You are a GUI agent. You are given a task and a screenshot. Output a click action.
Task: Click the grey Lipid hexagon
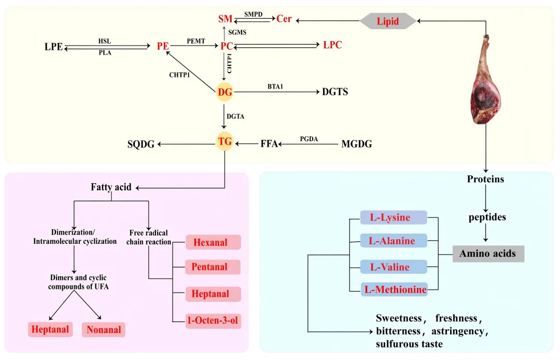(x=388, y=21)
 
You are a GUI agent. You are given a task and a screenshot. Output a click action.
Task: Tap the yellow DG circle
(x=225, y=92)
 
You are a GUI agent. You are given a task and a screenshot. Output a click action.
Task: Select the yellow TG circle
(x=225, y=142)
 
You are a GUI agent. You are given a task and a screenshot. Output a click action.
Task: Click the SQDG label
(x=141, y=144)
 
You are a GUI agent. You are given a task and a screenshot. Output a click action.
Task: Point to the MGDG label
(x=356, y=144)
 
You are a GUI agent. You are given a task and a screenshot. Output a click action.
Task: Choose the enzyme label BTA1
(x=275, y=87)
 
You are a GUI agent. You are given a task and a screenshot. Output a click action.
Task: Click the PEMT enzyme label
(x=196, y=41)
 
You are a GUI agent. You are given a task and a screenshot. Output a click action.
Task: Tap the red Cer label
(x=284, y=19)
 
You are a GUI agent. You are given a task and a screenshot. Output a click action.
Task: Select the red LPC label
(x=332, y=45)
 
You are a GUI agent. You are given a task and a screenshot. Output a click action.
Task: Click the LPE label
(x=53, y=47)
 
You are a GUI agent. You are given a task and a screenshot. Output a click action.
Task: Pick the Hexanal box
(x=213, y=242)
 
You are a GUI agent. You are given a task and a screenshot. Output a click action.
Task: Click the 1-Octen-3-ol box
(x=213, y=321)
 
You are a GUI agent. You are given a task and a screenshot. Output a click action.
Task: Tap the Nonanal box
(x=104, y=329)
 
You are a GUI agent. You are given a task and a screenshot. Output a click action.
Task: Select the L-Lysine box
(x=394, y=217)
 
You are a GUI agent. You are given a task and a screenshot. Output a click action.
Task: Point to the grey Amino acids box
(x=488, y=254)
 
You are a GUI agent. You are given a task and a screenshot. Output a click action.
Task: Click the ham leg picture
(x=485, y=79)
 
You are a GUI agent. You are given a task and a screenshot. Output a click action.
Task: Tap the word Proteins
(x=485, y=179)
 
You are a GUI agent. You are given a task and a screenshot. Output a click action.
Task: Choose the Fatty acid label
(x=111, y=187)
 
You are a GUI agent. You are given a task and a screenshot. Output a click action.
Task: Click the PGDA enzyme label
(x=309, y=139)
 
